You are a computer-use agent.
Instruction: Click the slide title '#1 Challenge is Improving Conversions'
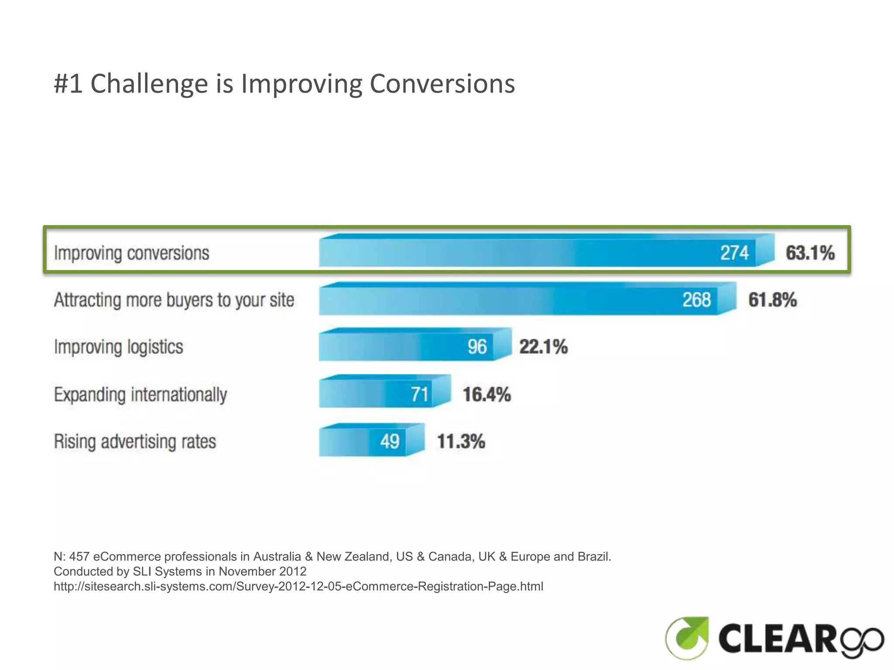pos(284,83)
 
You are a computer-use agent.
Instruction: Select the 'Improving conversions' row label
pos(131,253)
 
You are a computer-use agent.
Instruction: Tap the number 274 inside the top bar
pos(734,253)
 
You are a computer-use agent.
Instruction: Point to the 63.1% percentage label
pos(810,253)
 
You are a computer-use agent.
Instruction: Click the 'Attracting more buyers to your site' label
pos(174,300)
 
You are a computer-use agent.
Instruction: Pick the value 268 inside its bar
pos(697,300)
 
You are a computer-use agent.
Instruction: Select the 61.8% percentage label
pos(772,300)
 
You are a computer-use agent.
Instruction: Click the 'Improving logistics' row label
pos(118,347)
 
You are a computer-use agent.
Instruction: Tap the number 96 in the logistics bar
pos(477,347)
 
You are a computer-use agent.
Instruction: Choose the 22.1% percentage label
pos(543,347)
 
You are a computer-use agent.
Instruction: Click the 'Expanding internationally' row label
pos(140,394)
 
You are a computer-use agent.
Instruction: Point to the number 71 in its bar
pos(419,394)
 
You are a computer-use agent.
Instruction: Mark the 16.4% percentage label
pos(487,394)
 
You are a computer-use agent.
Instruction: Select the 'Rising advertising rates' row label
pos(135,441)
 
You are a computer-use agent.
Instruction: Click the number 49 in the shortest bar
pos(389,441)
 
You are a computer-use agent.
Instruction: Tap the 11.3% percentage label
pos(461,441)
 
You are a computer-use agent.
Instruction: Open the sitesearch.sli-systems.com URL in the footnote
pos(298,586)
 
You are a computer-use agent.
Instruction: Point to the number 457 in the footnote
pos(79,557)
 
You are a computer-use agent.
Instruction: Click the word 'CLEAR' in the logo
pos(777,638)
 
